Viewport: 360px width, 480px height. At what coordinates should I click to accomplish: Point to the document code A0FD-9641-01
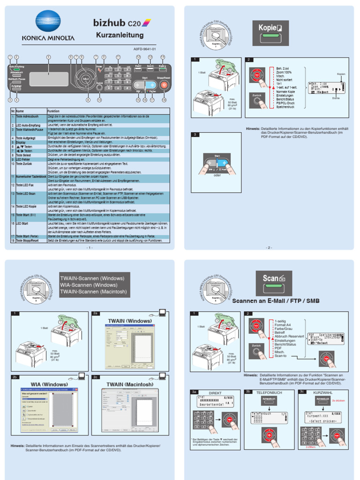pos(142,48)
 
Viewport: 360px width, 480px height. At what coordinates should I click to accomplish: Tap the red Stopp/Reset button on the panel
pos(164,85)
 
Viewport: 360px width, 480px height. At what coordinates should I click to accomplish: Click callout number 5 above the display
pos(48,57)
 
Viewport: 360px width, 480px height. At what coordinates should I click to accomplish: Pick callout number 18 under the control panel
pos(164,100)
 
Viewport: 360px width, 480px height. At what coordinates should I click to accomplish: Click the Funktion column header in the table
pos(53,111)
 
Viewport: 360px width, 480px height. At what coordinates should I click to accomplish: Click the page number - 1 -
pos(90,247)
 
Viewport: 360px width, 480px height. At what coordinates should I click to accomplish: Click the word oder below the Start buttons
pos(217,175)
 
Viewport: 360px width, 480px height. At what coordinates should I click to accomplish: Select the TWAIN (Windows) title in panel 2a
pos(130,321)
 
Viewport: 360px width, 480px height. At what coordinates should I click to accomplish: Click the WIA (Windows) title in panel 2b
pos(49,384)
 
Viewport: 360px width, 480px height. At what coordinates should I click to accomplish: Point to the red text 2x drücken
pos(338,401)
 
